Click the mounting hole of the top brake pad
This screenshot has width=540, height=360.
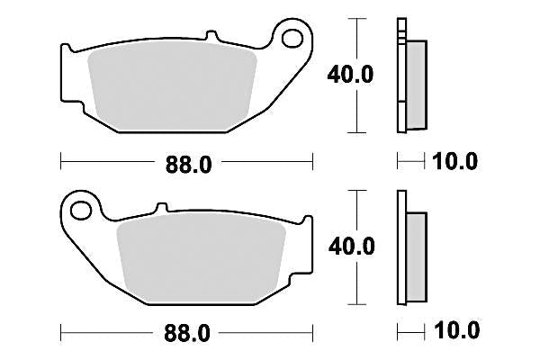292,38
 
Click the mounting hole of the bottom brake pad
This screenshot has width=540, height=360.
81,211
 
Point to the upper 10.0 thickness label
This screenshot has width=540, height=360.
454,162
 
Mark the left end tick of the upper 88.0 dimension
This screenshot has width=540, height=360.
60,162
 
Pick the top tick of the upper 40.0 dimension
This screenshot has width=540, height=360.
360,18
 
